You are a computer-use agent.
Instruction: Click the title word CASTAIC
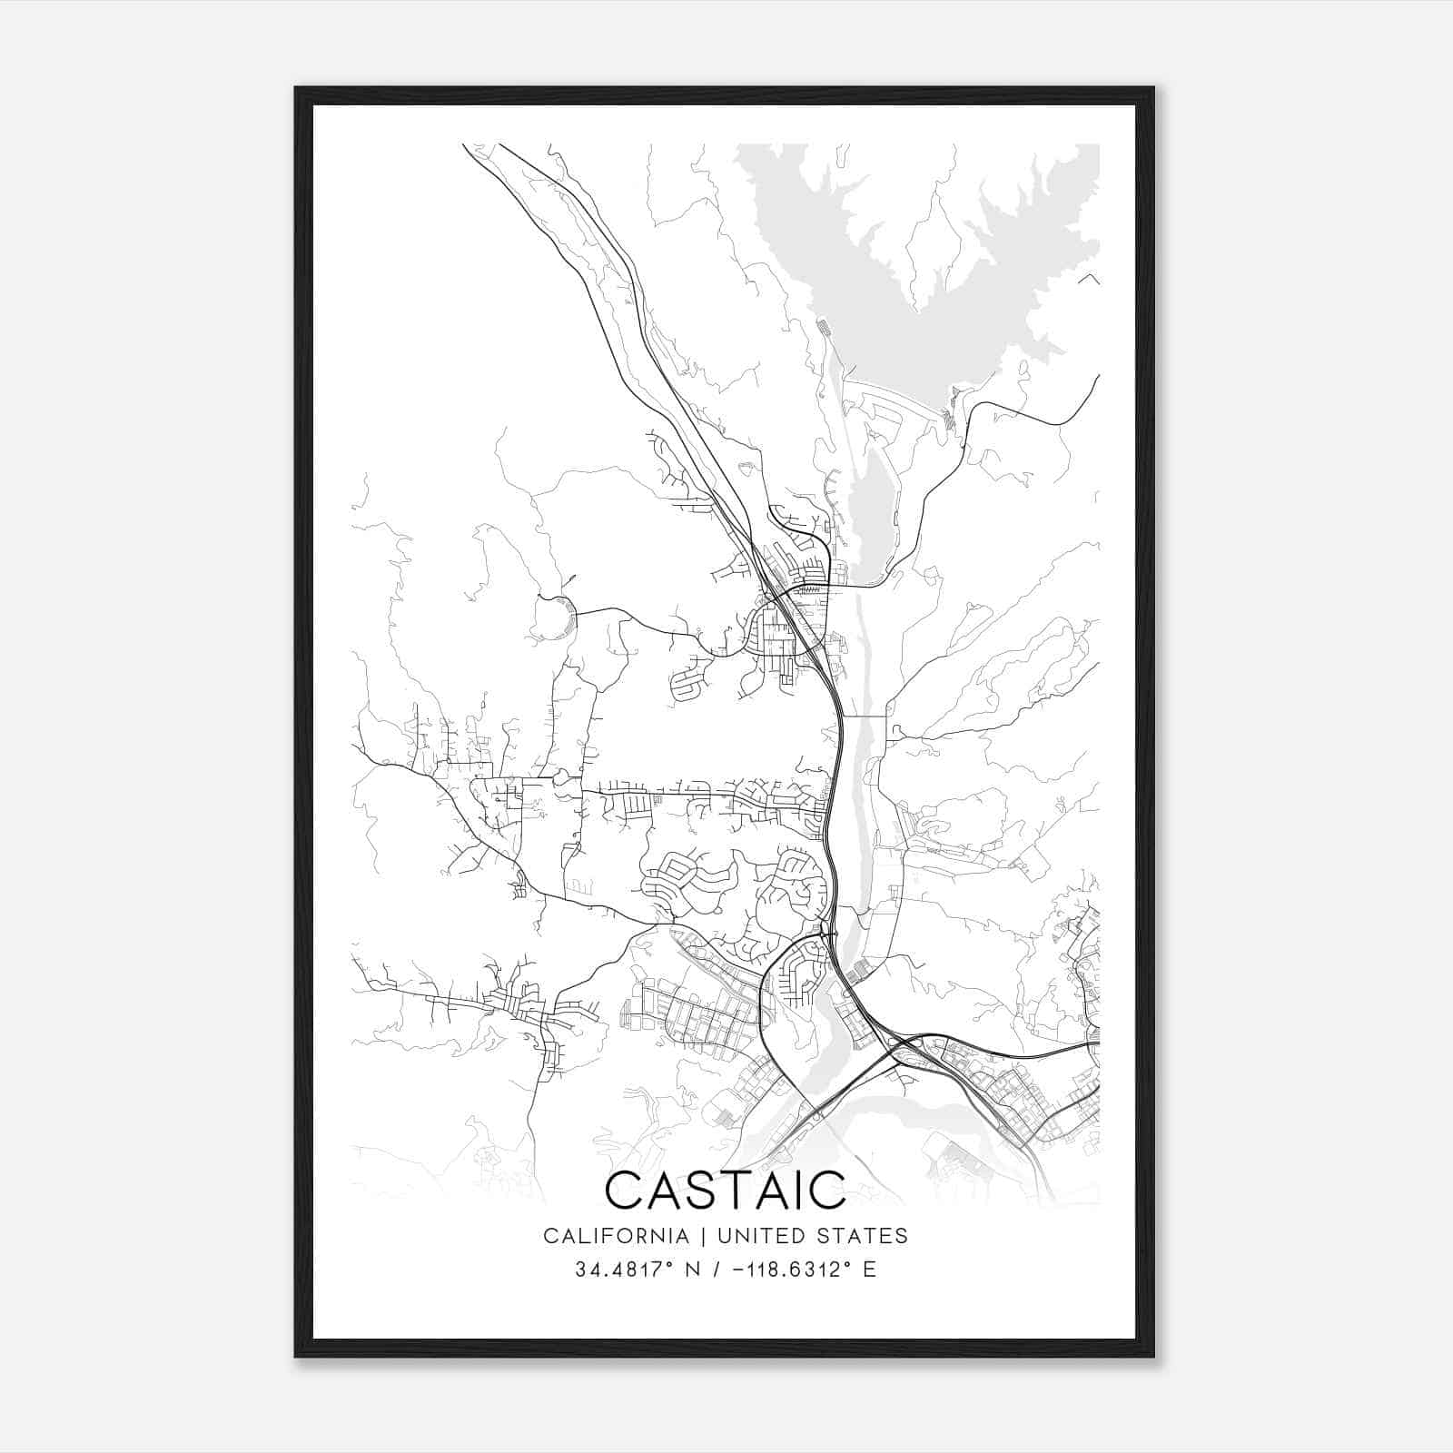pyautogui.click(x=725, y=1190)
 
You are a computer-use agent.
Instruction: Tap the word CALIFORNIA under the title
pyautogui.click(x=615, y=1236)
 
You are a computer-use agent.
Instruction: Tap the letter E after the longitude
pyautogui.click(x=869, y=1270)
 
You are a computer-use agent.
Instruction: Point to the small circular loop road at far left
pyautogui.click(x=555, y=618)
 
